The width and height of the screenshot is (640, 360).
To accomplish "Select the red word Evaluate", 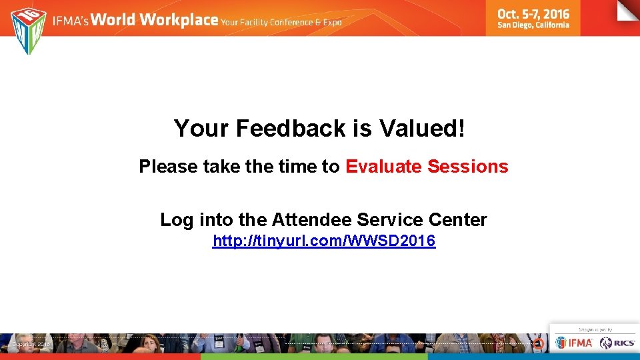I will point(383,167).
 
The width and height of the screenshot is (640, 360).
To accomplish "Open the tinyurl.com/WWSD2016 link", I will point(324,241).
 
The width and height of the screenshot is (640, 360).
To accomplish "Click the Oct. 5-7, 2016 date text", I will point(533,13).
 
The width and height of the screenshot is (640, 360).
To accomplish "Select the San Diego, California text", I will point(533,25).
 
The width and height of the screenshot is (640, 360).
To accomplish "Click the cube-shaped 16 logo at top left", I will point(28,30).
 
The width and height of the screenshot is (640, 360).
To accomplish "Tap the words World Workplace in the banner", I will point(155,20).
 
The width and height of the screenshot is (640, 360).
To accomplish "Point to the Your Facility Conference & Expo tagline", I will point(281,23).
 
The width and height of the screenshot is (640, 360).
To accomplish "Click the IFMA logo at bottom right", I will point(574,343).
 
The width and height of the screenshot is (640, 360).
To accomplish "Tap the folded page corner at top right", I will point(628,11).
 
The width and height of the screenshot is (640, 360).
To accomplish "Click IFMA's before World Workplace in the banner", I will point(71,21).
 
